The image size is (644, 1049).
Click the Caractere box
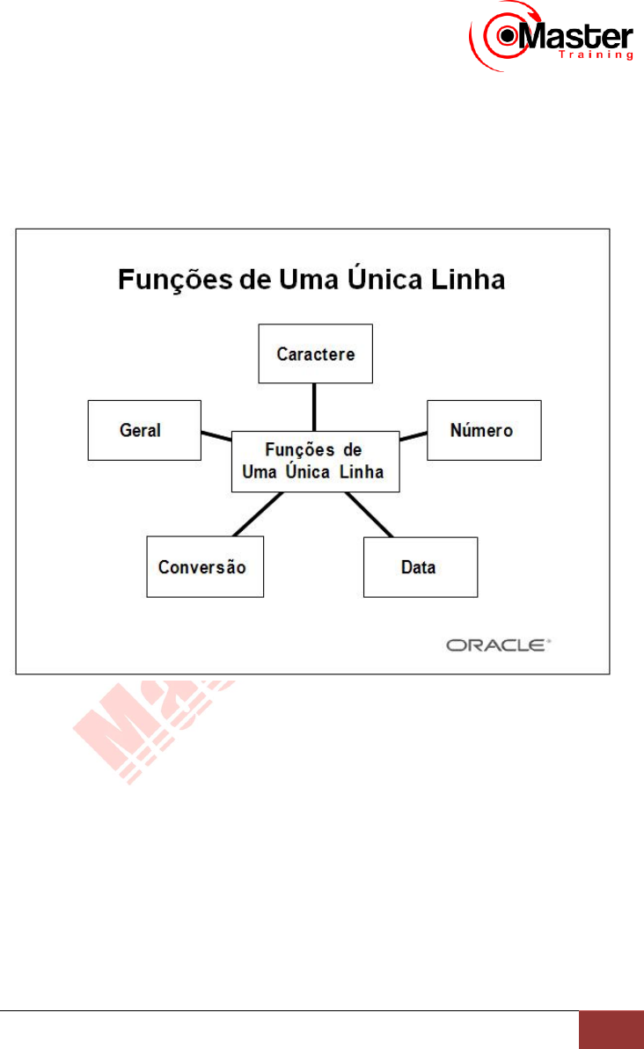315,353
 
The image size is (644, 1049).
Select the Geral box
144,430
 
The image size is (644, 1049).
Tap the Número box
484,430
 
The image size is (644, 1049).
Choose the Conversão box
204,567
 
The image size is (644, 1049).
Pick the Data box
421,567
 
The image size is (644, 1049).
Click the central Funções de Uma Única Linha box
314,461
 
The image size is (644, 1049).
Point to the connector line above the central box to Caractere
314,406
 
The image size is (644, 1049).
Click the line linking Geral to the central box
216,434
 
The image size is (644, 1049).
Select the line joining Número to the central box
412,434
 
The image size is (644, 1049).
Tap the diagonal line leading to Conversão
258,514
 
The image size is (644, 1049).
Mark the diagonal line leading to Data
370,514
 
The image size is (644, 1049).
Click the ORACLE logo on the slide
498,645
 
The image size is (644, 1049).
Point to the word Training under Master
596,55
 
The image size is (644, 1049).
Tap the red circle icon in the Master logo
508,37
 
